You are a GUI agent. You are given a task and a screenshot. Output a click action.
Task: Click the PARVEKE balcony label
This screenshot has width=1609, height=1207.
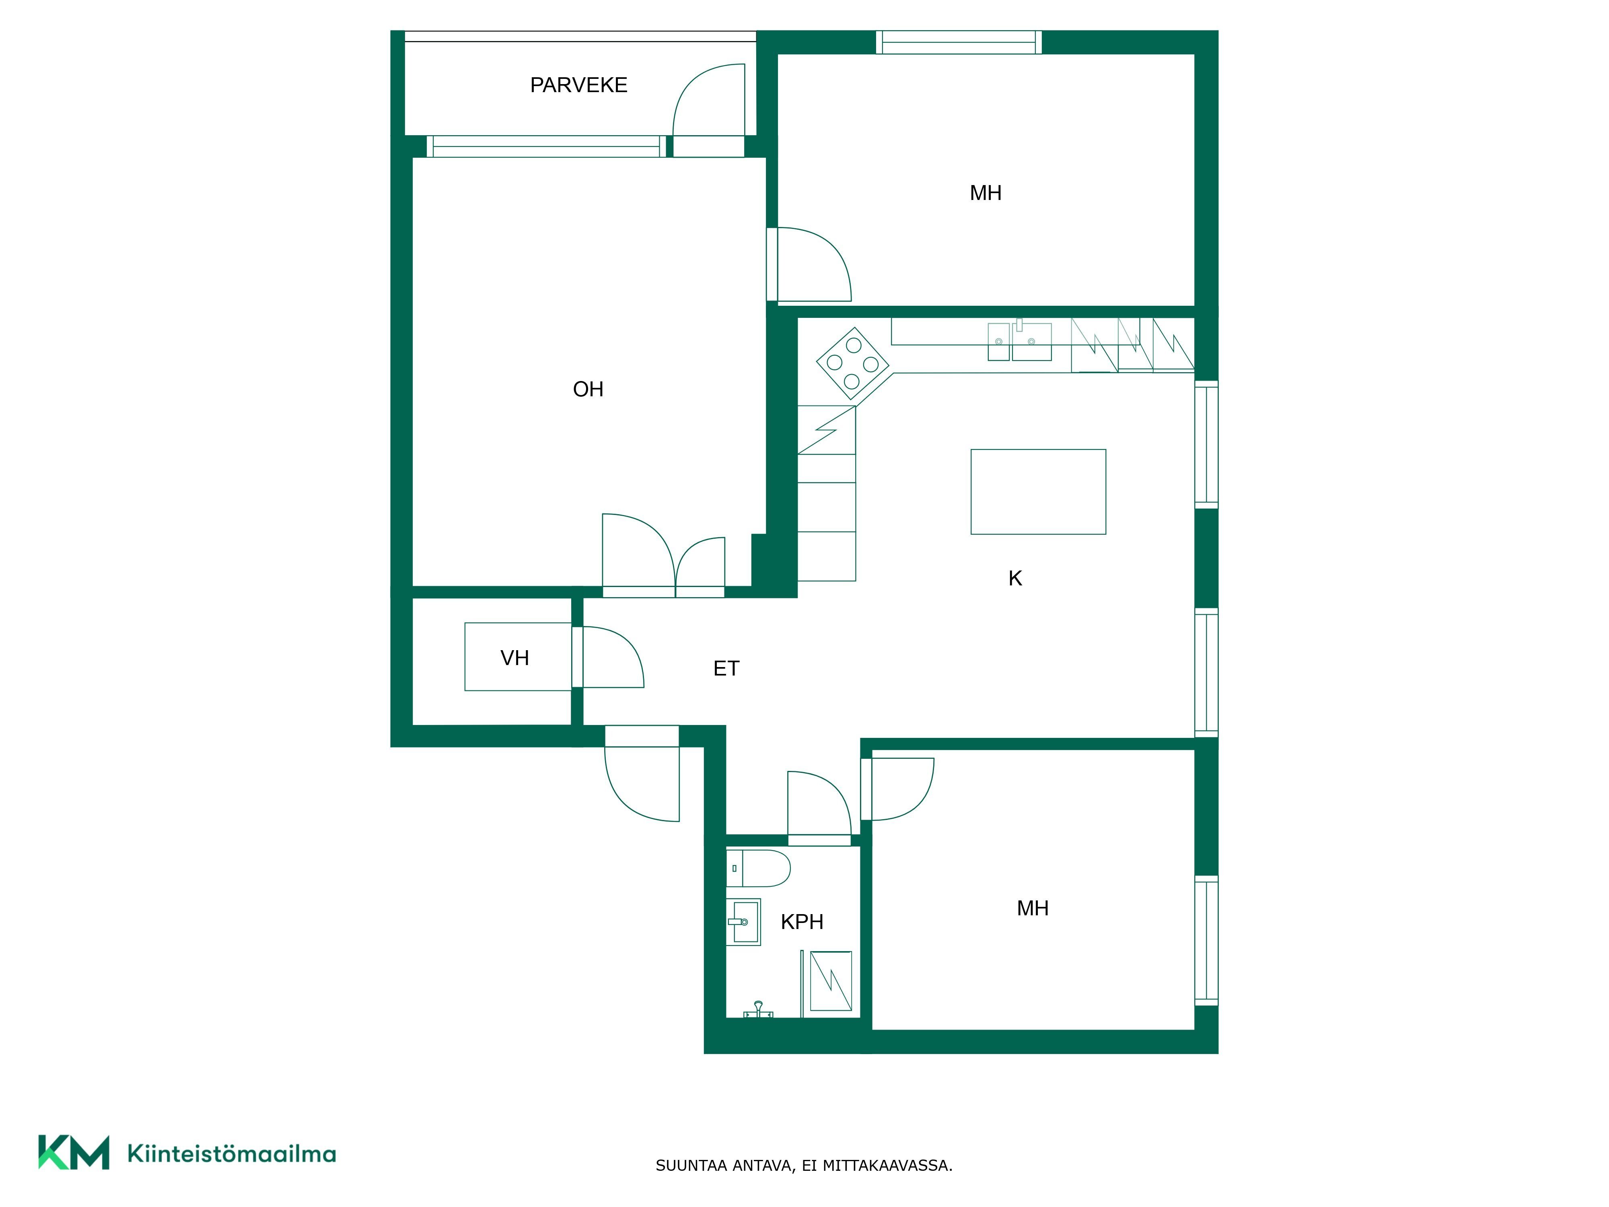click(x=578, y=85)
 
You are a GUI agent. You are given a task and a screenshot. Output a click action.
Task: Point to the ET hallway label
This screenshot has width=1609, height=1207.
click(x=726, y=669)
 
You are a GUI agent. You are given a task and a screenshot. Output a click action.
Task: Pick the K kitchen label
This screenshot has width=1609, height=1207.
click(x=1015, y=579)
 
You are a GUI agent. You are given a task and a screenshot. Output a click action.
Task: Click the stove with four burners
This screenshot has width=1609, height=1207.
click(x=852, y=363)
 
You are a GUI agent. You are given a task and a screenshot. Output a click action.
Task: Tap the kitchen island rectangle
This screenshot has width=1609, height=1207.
click(x=1038, y=492)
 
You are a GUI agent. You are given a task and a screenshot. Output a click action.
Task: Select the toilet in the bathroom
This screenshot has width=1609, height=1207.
click(x=758, y=868)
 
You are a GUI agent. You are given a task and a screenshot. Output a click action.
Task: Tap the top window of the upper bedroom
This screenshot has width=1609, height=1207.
click(x=959, y=42)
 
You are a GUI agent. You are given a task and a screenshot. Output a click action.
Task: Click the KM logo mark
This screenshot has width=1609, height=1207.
click(x=74, y=1152)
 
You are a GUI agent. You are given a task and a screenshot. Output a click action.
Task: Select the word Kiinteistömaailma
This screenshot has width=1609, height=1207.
click(x=231, y=1153)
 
